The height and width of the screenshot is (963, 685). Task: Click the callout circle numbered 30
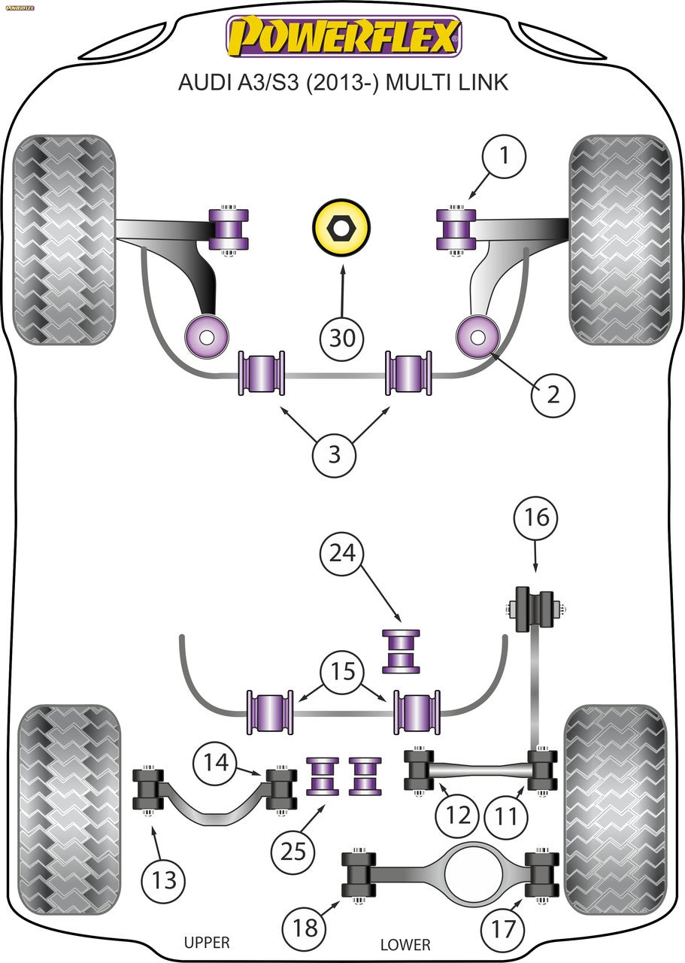point(342,338)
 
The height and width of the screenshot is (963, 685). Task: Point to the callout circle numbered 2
point(553,393)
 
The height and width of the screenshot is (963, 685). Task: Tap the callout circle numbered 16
point(536,518)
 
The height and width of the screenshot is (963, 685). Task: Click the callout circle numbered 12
point(458,815)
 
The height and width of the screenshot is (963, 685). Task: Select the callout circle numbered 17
point(505,929)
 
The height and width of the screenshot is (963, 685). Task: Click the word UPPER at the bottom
point(206,942)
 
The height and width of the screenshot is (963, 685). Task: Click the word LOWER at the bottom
point(405,944)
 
